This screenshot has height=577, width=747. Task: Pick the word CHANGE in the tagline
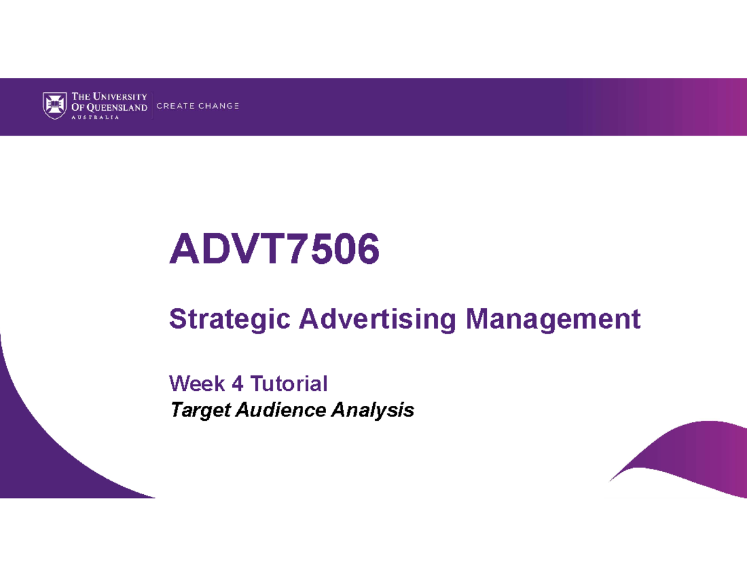tap(218, 106)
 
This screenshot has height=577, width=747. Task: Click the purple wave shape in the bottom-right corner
tap(697, 461)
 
